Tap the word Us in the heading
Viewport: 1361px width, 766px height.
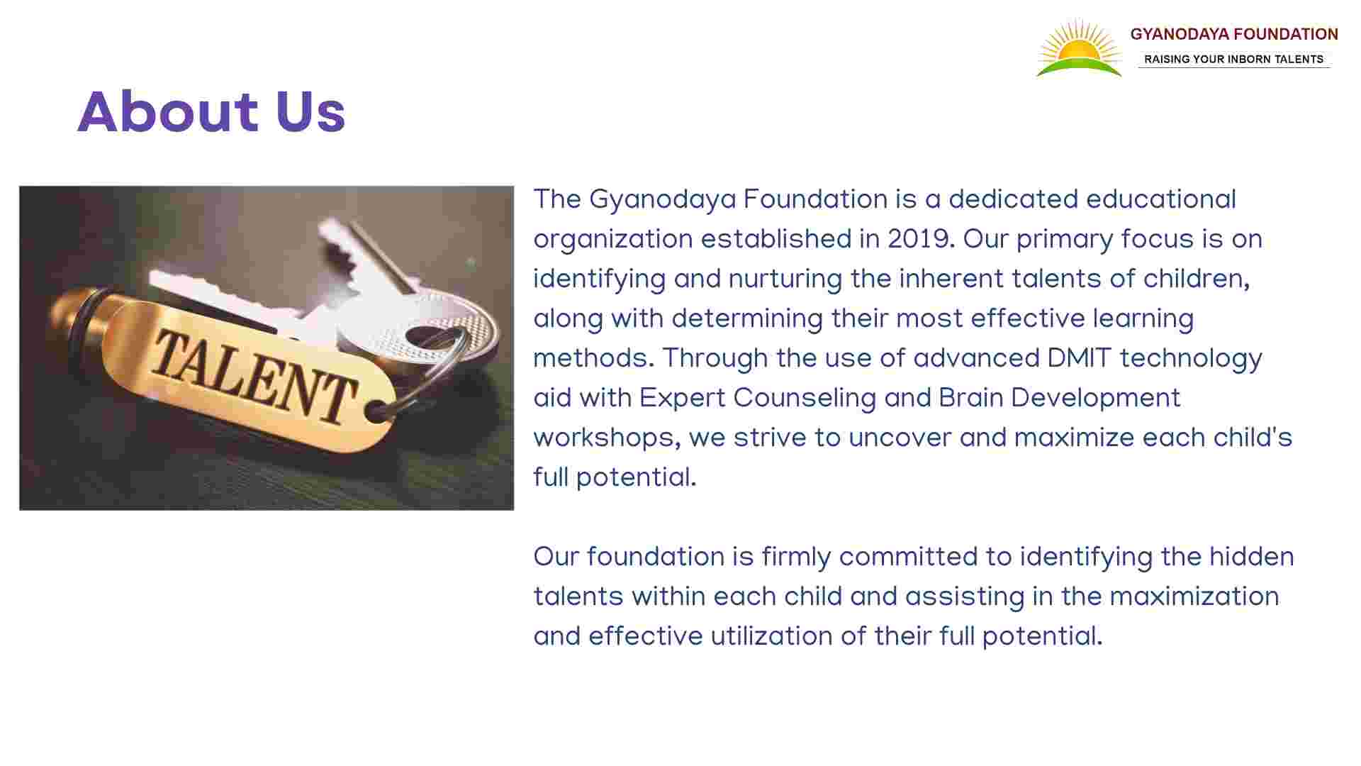[x=310, y=112]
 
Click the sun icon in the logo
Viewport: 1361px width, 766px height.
[x=1079, y=48]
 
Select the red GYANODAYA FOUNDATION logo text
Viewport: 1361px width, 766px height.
[x=1234, y=34]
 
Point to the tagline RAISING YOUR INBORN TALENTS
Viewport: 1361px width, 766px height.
[x=1234, y=60]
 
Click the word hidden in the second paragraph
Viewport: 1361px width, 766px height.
[x=1252, y=557]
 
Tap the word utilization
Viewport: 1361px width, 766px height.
[x=771, y=636]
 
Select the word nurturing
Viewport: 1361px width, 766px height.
[x=785, y=279]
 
